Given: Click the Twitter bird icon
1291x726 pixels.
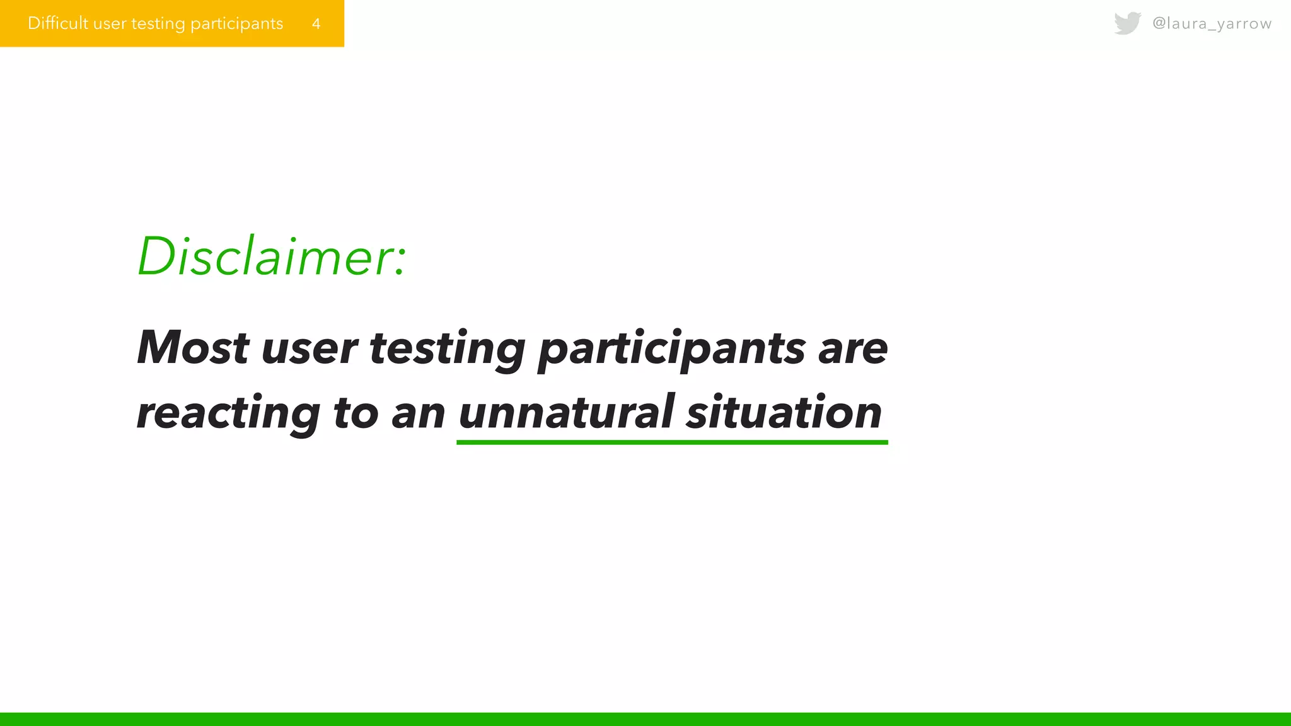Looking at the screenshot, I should (1127, 23).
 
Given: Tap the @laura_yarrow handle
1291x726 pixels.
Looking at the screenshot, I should (1212, 23).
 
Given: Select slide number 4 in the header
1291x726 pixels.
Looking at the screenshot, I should (316, 24).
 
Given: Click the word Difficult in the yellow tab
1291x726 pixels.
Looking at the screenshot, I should (58, 23).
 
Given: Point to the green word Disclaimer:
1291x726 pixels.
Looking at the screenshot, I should (271, 256).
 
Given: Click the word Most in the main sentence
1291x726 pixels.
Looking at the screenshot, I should (193, 347).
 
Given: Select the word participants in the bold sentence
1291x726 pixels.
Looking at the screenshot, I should (671, 349).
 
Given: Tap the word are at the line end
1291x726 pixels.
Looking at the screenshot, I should (853, 349).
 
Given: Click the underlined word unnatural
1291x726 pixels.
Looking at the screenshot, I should (567, 412).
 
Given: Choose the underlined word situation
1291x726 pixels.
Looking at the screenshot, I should (784, 412).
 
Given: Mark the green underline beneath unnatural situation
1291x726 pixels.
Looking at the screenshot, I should (672, 442).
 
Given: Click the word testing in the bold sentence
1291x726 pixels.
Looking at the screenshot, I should (447, 349).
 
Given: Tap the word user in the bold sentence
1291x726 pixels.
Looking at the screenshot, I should (309, 349).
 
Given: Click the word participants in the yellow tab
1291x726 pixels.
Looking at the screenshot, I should (236, 24).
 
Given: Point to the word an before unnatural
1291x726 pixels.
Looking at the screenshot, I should (418, 413).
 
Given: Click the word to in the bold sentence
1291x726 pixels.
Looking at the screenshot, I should (356, 413).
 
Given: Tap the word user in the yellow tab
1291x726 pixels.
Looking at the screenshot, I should (110, 24).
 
